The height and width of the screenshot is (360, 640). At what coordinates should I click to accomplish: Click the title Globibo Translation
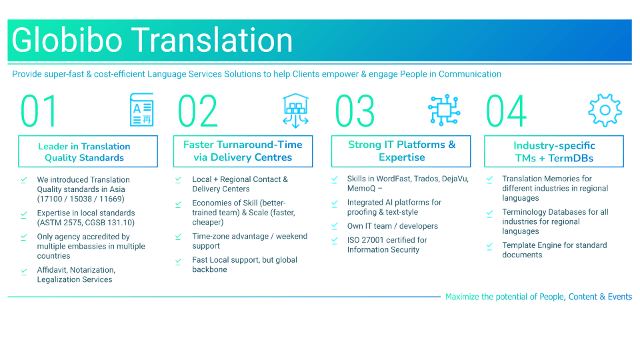point(153,40)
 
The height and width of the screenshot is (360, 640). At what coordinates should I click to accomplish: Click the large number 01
point(39,111)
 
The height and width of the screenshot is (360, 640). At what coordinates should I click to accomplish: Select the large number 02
point(198,111)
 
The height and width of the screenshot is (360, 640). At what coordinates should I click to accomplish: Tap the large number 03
point(355,111)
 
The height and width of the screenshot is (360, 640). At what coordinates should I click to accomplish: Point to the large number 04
point(507,111)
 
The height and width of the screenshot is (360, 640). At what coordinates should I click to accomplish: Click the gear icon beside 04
point(604,110)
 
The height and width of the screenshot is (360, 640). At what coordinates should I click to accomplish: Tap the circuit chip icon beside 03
point(444,110)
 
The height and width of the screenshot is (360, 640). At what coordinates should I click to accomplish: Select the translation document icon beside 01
point(141,110)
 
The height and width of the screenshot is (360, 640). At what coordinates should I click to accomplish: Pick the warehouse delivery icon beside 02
point(295,110)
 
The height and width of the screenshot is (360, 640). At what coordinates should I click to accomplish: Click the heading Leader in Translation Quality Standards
point(84,152)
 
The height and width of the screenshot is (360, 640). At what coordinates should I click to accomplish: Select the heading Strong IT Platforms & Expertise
point(401,151)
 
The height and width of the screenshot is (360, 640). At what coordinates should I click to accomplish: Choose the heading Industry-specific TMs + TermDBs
point(554,152)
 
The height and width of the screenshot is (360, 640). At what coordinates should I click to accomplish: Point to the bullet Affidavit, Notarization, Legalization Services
point(75,275)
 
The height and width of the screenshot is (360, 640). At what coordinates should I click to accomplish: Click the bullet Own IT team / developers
point(392,226)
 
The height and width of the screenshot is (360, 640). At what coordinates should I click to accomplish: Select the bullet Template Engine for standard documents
point(554,250)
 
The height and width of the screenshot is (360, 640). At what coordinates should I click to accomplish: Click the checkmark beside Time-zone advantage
point(178,237)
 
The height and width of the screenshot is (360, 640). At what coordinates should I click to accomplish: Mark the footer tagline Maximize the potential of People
point(538,297)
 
